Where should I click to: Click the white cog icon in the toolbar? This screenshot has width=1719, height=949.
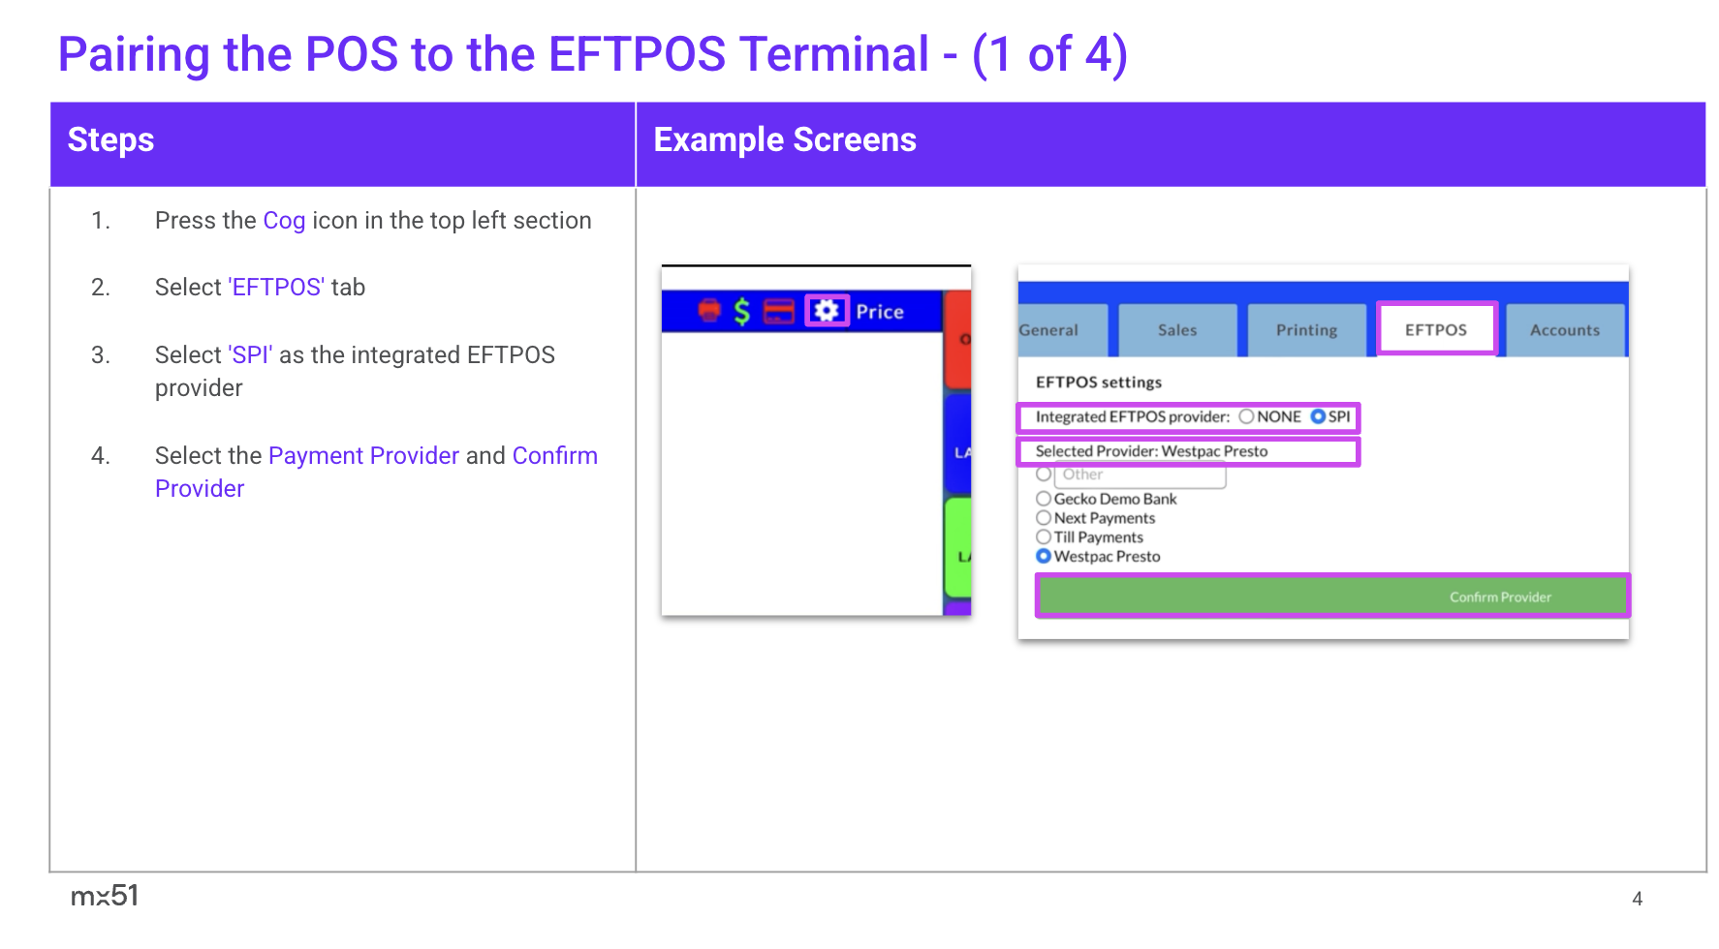827,311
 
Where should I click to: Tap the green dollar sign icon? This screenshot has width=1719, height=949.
742,311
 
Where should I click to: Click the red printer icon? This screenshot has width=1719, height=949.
710,311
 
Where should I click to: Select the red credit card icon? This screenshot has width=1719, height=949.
779,311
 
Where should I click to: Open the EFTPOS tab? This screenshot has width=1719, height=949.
1436,329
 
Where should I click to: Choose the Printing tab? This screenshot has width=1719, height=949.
1306,330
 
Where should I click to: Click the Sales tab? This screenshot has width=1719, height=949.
1177,330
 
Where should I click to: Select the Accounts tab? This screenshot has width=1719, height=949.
1565,330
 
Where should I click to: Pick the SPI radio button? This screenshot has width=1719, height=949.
1318,416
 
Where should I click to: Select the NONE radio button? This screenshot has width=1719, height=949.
1246,416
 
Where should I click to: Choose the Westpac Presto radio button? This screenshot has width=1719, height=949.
1044,556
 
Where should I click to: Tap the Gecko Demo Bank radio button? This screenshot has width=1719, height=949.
1044,499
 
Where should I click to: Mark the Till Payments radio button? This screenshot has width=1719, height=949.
1044,536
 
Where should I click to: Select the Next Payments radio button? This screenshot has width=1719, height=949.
1044,518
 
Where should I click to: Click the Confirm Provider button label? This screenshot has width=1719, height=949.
1500,597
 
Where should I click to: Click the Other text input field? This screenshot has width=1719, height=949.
1141,475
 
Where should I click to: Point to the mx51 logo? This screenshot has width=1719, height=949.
105,896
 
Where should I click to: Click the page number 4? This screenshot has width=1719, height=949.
1637,899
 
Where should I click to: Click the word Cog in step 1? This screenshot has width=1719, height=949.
284,221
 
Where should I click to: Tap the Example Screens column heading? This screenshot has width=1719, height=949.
785,140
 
